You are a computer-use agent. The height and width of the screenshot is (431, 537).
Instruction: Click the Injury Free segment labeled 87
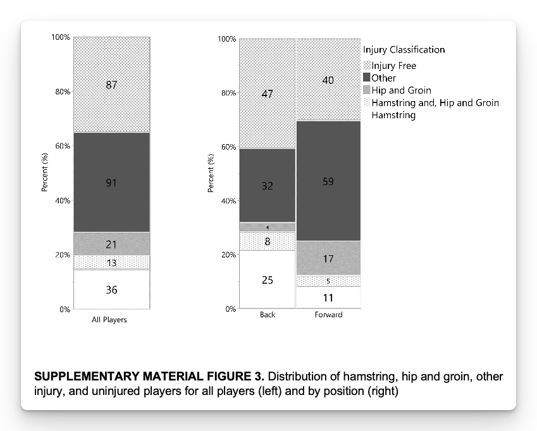(x=111, y=85)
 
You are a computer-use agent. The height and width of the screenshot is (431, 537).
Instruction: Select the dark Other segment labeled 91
(x=111, y=183)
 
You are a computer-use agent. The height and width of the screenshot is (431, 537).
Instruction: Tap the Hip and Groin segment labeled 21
(x=111, y=244)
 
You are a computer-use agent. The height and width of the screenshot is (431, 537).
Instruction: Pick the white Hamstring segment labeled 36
(x=111, y=290)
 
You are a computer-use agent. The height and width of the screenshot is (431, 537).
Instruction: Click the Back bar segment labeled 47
(x=268, y=94)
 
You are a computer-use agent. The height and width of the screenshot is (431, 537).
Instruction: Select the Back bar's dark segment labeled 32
(x=268, y=186)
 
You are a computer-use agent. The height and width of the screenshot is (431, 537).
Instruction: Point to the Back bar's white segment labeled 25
(x=268, y=279)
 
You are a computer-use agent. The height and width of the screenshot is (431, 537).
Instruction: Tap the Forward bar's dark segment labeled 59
(x=328, y=181)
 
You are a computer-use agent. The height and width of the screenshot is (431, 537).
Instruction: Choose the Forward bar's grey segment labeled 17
(x=328, y=258)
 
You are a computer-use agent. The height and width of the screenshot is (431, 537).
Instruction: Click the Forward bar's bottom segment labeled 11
(x=328, y=298)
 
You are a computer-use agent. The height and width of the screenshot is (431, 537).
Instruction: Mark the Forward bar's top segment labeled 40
(x=328, y=80)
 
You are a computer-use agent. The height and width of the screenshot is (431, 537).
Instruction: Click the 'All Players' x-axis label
(x=109, y=320)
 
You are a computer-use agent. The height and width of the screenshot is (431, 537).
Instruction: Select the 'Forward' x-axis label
(x=328, y=315)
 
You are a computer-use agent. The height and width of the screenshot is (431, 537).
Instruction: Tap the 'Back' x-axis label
(x=268, y=315)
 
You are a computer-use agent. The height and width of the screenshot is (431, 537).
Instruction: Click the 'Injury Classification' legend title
(x=404, y=49)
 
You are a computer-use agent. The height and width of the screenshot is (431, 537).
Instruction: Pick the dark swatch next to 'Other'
(x=366, y=78)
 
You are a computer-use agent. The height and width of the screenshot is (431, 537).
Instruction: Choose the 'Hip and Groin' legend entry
(x=401, y=90)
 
